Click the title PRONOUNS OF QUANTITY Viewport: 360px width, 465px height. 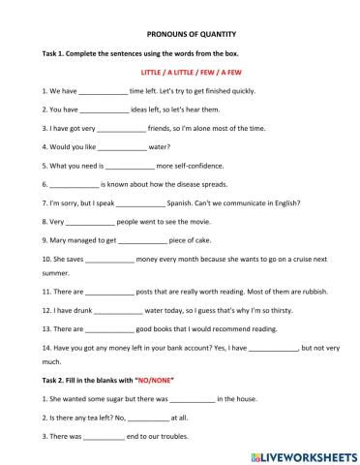[179, 32]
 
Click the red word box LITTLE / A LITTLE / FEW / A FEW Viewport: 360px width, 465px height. [179, 72]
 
